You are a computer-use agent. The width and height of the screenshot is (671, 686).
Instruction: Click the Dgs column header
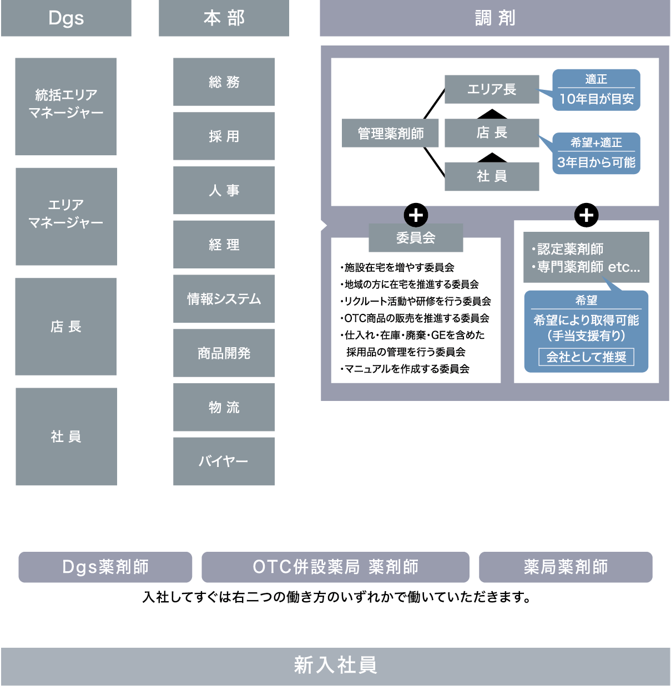tap(66, 18)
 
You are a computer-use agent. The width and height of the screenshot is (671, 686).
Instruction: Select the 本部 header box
tap(224, 18)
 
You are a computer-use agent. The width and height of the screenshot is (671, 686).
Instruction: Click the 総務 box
tap(224, 82)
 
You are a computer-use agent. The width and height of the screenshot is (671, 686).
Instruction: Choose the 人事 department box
tap(224, 190)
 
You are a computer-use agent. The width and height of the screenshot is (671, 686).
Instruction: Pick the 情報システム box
tap(224, 299)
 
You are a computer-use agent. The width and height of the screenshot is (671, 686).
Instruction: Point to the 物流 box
tap(224, 407)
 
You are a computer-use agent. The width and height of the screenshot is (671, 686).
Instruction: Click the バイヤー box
tap(224, 461)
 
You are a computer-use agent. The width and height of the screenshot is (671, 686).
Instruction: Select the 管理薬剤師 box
tap(390, 133)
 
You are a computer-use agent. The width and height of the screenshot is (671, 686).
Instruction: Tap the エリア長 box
tap(492, 89)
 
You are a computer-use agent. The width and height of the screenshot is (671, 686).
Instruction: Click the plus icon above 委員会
tap(416, 215)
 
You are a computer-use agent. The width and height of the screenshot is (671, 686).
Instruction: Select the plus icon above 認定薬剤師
tap(586, 215)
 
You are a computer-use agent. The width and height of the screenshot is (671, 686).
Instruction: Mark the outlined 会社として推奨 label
tap(586, 357)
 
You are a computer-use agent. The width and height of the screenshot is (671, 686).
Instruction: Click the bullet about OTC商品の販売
tap(415, 318)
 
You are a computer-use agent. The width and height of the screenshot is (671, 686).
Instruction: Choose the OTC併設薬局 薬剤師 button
tap(335, 567)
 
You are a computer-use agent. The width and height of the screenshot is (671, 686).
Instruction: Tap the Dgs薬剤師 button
tap(105, 567)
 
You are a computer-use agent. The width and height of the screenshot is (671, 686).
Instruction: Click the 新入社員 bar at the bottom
tap(335, 666)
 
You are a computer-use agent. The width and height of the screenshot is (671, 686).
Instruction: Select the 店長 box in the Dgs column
tap(66, 327)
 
